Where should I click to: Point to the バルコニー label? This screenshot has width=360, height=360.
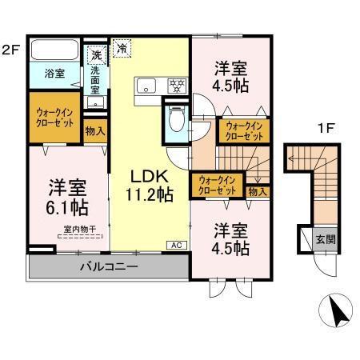coord(108,266)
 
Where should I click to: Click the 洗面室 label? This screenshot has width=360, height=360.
coord(95,79)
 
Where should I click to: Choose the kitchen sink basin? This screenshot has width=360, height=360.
coord(147,86)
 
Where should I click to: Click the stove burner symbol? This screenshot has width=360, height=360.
coord(177,85)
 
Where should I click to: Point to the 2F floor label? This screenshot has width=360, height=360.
coord(10,47)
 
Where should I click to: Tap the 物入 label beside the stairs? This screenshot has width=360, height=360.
coord(257,191)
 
